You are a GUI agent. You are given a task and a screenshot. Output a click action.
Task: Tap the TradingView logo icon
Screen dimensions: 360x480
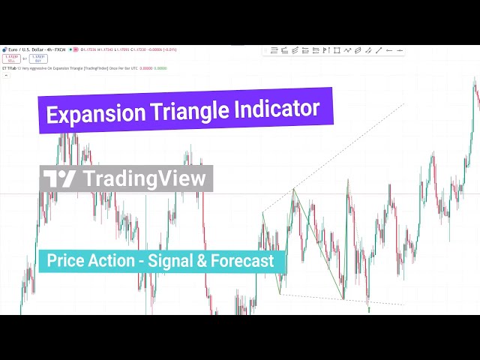coord(60,178)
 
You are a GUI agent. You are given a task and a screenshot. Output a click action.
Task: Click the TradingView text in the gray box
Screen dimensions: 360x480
coord(144,178)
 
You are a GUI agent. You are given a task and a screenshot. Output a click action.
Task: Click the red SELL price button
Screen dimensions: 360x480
coord(11,58)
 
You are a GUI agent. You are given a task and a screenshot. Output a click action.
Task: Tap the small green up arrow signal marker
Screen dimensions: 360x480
coord(368,308)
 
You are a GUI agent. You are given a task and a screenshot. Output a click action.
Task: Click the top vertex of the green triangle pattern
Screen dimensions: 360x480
coord(293,188)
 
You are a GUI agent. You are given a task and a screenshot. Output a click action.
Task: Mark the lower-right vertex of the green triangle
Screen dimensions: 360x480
coord(344,299)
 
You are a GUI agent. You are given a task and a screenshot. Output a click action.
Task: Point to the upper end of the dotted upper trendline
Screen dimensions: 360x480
coord(403,104)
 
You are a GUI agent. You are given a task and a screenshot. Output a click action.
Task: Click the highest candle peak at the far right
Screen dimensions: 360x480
coord(475,79)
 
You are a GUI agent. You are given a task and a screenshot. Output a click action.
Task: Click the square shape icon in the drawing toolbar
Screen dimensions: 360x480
coord(337,50)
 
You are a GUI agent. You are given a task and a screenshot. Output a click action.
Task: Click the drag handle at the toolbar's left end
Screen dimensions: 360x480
coord(265,50)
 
